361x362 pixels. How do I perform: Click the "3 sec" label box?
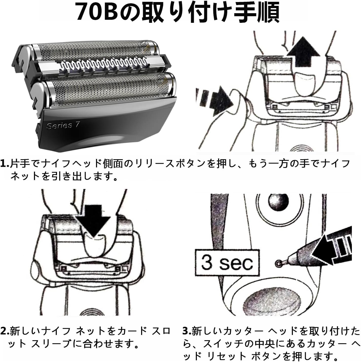pos(227,262)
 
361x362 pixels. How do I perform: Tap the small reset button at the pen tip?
pos(278,264)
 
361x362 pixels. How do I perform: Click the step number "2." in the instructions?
pos(5,331)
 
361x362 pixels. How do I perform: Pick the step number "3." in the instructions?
pos(187,331)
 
